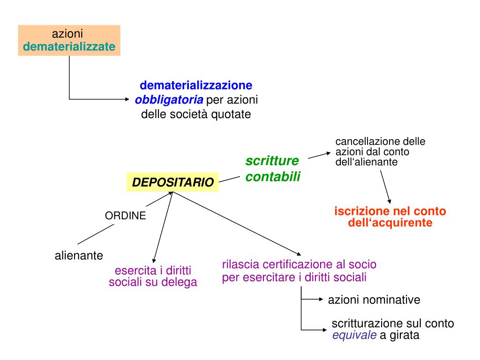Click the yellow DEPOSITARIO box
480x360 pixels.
(172, 182)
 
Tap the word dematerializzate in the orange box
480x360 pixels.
(69, 47)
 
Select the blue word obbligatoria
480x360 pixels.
(169, 100)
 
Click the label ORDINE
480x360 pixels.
(125, 216)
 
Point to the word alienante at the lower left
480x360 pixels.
(79, 255)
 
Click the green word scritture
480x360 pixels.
(272, 161)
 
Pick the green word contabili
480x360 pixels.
(273, 177)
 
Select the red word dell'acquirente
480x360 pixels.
(390, 223)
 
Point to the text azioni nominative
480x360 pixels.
(374, 300)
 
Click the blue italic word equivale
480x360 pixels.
(354, 335)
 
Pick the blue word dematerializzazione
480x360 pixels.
(196, 86)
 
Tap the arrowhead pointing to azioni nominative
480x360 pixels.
(321, 299)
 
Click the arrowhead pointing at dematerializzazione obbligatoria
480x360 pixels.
(131, 99)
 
